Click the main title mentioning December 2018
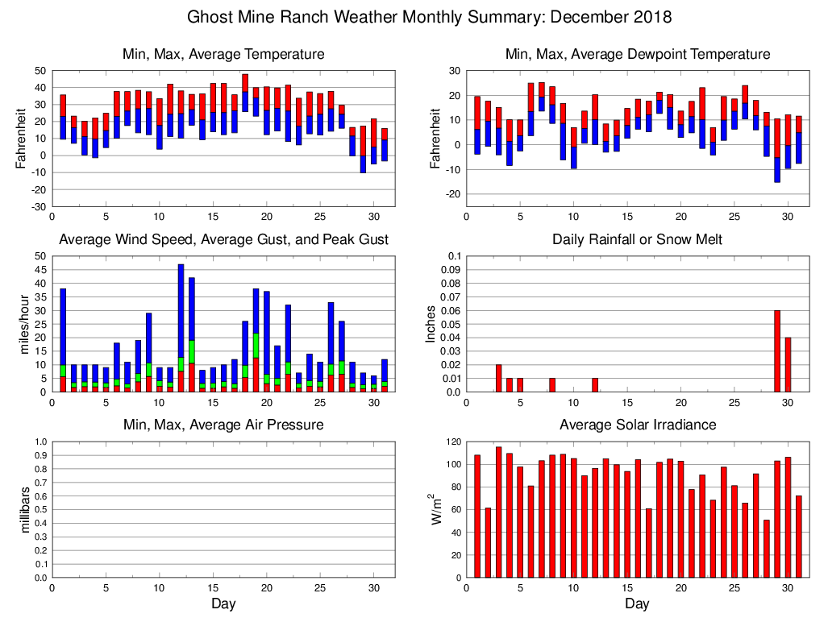[429, 17]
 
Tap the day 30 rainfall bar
[788, 365]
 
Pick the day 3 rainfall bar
[498, 379]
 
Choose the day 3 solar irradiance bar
[498, 512]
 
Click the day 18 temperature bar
[245, 93]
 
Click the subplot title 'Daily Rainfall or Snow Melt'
[637, 240]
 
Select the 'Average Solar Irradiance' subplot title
[637, 425]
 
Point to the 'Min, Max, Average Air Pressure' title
[223, 425]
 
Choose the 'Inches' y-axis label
[432, 324]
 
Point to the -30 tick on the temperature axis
[37, 206]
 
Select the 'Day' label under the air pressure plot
[223, 603]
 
